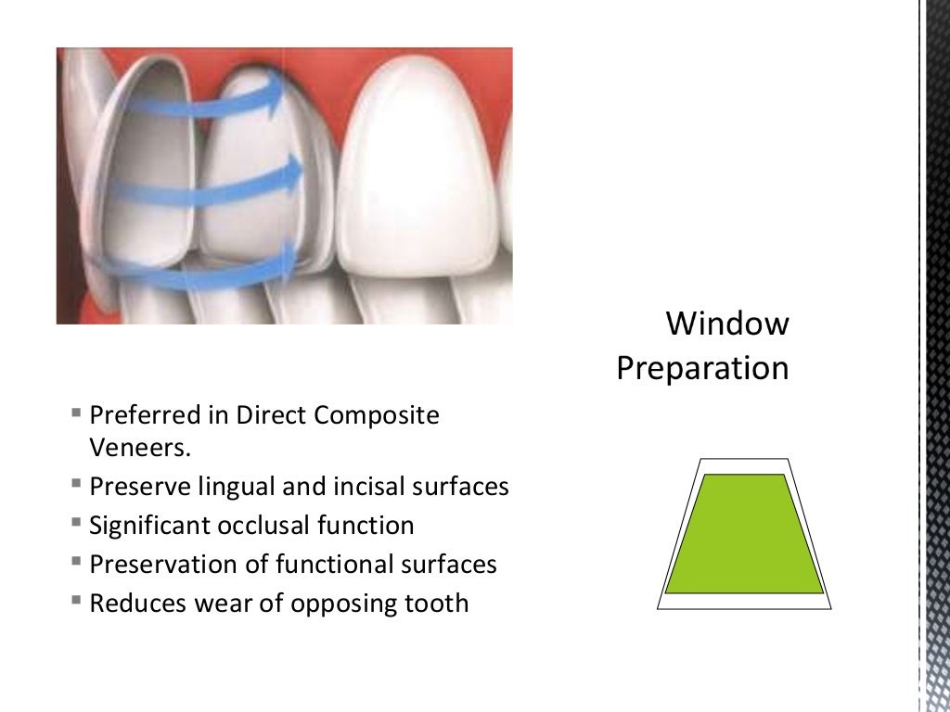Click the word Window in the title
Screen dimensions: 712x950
(728, 324)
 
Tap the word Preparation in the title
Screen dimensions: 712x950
(702, 368)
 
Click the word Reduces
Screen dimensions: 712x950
(137, 604)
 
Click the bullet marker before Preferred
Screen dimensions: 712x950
(75, 414)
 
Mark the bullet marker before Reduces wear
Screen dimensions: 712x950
(75, 603)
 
